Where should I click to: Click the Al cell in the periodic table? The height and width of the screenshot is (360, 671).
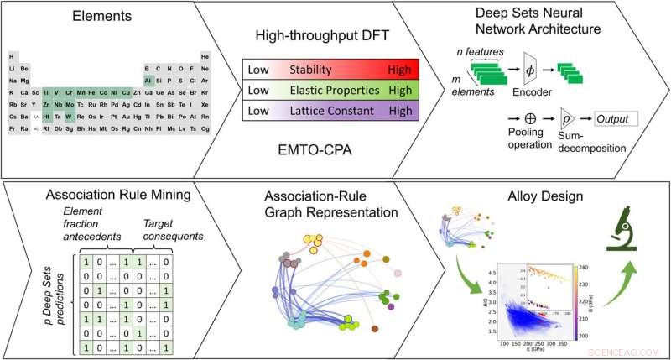coord(148,80)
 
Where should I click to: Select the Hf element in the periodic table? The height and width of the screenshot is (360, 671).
coord(46,117)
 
